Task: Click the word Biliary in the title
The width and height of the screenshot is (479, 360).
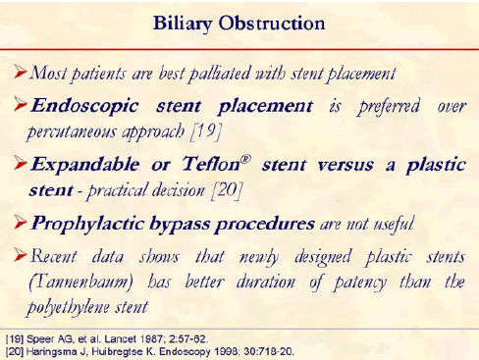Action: click(x=183, y=25)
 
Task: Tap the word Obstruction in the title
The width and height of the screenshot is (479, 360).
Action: click(x=272, y=24)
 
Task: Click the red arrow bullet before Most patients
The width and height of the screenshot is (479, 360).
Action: click(x=21, y=72)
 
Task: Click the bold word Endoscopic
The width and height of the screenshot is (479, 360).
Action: click(x=84, y=107)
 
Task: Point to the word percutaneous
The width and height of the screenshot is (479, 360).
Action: click(x=72, y=132)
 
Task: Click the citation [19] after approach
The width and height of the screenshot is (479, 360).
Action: click(x=206, y=131)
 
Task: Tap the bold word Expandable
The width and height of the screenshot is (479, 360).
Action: click(x=85, y=164)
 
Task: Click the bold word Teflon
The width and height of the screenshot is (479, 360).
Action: click(x=211, y=164)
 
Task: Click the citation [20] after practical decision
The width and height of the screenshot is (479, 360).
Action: click(x=227, y=190)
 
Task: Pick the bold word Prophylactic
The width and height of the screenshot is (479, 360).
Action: click(x=87, y=225)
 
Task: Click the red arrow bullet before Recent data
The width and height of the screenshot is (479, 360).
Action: click(x=21, y=255)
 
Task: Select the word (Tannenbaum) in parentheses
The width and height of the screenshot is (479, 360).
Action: click(x=80, y=283)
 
